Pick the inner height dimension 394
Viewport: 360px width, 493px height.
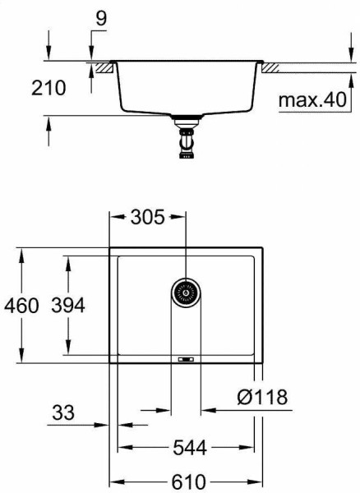pos(68,306)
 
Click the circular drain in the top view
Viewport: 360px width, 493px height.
pos(186,291)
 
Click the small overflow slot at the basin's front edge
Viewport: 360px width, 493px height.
pos(186,359)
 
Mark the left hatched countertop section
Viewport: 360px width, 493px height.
pos(103,67)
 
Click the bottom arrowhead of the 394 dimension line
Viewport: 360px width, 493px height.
pos(68,351)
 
